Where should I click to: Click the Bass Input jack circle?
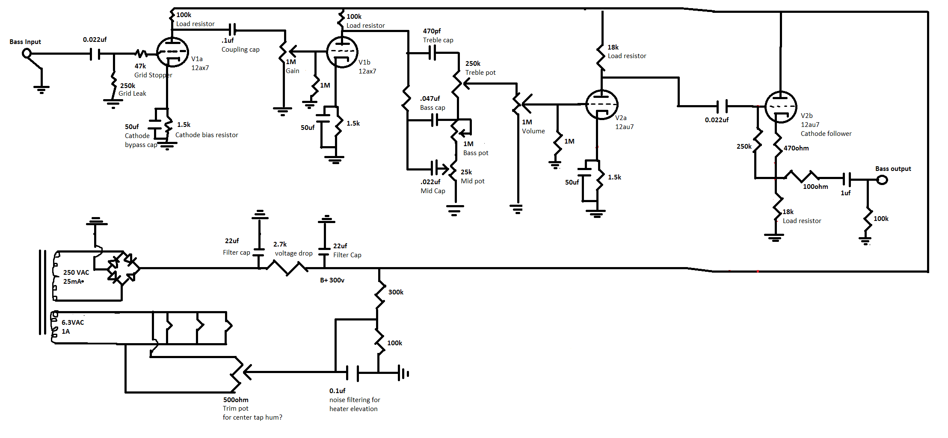tap(27, 54)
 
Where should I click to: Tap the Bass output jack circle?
tap(882, 180)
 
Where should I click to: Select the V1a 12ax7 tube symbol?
tap(172, 52)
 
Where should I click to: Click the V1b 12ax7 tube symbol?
tap(342, 52)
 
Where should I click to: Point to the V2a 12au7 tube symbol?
tap(601, 104)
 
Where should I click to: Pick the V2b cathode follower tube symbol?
tap(781, 107)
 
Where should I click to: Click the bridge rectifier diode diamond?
tap(123, 268)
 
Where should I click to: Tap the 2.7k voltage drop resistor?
tap(287, 268)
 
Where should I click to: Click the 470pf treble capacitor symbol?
tap(432, 53)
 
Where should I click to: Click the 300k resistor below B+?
tap(379, 294)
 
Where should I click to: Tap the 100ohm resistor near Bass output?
tap(801, 176)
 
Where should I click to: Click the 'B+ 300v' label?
tap(332, 280)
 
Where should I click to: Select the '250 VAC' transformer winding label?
tap(76, 273)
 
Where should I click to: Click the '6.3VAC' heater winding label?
tap(73, 323)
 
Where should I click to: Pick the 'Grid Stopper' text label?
tap(153, 75)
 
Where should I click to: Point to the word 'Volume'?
tap(533, 131)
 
